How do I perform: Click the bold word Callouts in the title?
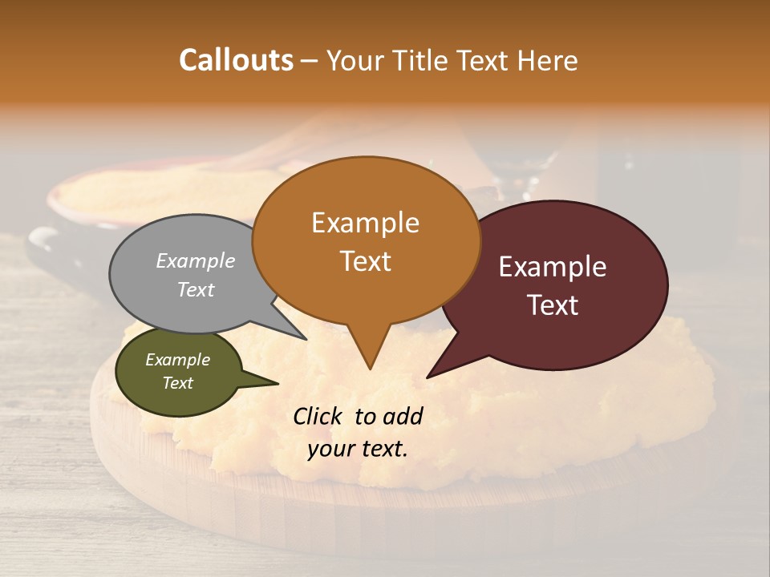pyautogui.click(x=236, y=60)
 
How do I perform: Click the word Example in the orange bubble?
pyautogui.click(x=365, y=223)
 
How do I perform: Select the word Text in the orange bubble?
pyautogui.click(x=365, y=261)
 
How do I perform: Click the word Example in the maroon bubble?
pyautogui.click(x=553, y=267)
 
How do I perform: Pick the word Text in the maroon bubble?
pyautogui.click(x=553, y=305)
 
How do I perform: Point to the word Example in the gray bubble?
pyautogui.click(x=196, y=260)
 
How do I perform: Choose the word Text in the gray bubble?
pyautogui.click(x=196, y=289)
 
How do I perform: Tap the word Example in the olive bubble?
pyautogui.click(x=177, y=360)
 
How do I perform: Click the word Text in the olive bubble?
pyautogui.click(x=177, y=383)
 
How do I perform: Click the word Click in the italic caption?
pyautogui.click(x=318, y=416)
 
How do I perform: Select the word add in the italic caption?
pyautogui.click(x=402, y=416)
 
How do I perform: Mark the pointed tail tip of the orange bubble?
pyautogui.click(x=370, y=369)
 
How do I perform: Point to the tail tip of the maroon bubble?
pyautogui.click(x=428, y=377)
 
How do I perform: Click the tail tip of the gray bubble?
pyautogui.click(x=306, y=340)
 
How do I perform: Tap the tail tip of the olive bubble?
pyautogui.click(x=278, y=384)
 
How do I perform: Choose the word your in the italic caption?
pyautogui.click(x=331, y=449)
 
